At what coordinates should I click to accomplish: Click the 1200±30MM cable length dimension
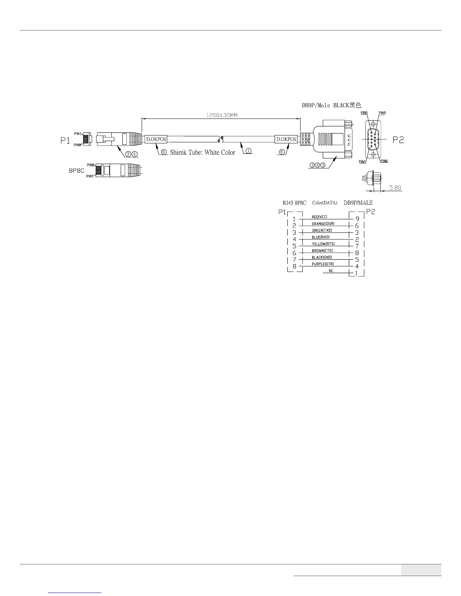221,115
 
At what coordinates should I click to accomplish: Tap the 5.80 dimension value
395,187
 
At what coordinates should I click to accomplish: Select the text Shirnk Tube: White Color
202,152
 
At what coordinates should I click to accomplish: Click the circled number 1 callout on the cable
249,151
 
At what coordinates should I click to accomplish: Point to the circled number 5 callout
323,164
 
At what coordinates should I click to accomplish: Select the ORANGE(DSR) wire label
323,223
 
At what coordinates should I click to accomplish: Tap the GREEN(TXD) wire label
322,230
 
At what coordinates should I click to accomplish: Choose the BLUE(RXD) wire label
321,237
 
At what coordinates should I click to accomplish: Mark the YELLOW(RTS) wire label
323,244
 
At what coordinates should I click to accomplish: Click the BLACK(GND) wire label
322,257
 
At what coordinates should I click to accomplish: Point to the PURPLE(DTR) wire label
323,264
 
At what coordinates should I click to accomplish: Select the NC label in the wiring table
331,271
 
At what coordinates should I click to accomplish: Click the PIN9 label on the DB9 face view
382,113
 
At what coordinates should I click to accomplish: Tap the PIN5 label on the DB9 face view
364,113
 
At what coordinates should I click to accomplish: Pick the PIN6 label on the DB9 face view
384,161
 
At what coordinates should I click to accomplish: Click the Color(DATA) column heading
325,203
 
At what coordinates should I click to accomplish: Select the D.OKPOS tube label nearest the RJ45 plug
156,139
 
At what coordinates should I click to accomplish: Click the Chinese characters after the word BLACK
356,105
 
